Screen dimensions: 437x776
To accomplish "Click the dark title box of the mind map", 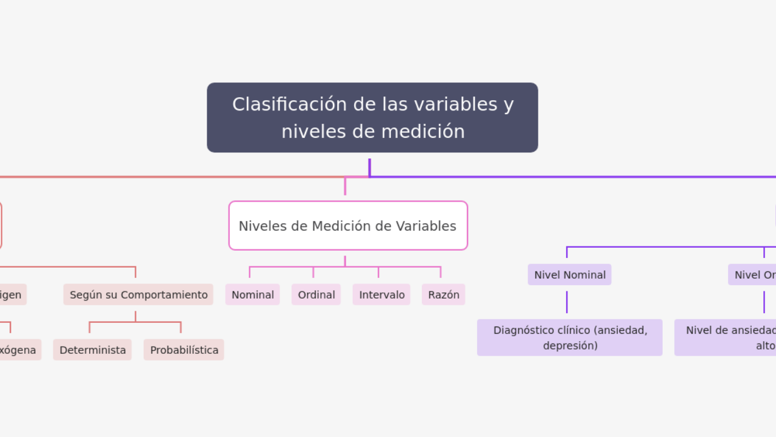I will (372, 117).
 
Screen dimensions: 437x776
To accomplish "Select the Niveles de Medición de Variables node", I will (348, 226).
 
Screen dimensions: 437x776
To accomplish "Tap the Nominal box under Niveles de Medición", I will (252, 294).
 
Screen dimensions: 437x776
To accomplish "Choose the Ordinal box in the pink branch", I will (316, 294).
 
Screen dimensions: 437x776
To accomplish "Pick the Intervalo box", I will (381, 294).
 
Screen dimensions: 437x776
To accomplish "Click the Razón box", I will (443, 294).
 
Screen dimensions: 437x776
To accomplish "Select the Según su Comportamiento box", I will (138, 294).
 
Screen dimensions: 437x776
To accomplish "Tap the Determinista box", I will (92, 350).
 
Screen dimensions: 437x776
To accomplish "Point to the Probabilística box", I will (184, 350).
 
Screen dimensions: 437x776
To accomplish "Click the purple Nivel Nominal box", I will (569, 274).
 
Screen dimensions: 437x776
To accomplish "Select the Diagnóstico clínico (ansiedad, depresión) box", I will (569, 337).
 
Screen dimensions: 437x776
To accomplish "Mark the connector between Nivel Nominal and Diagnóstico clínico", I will (567, 302).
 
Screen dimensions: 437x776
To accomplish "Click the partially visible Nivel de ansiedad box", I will (727, 337).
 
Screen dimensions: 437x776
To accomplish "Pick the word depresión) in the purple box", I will (570, 345).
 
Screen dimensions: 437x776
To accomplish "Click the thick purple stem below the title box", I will (369, 167).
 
